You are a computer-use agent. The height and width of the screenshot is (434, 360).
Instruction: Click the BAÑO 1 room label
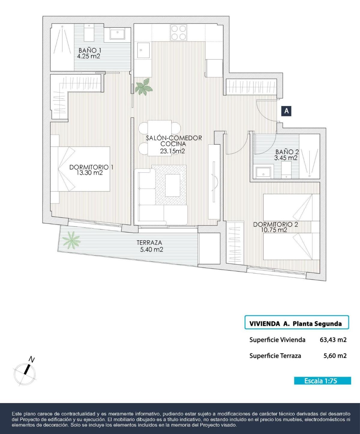(90, 50)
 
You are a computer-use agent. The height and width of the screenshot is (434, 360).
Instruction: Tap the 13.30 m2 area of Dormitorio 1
(90, 172)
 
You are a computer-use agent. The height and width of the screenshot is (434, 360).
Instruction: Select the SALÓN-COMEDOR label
(174, 138)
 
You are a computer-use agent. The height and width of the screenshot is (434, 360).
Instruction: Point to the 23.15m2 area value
(172, 151)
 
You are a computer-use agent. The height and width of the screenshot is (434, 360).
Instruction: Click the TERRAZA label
(149, 243)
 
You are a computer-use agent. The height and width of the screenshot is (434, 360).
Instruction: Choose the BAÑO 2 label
(287, 152)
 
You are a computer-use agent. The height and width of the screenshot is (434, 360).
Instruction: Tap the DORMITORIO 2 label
(275, 224)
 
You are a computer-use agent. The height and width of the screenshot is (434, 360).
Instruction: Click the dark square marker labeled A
(286, 111)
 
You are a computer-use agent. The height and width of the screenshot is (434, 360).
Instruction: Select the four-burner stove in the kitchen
(178, 32)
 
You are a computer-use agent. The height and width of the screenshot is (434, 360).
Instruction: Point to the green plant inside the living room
(144, 86)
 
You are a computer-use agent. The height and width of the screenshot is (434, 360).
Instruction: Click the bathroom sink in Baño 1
(117, 34)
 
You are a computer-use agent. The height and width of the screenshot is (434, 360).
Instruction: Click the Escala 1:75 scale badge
(322, 381)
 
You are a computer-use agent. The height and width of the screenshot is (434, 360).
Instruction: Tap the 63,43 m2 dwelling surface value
(333, 340)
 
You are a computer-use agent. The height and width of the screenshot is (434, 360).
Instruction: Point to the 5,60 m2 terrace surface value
(335, 356)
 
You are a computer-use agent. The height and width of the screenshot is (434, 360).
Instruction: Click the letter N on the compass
(31, 359)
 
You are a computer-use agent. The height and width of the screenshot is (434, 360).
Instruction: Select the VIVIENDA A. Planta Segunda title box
(296, 322)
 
